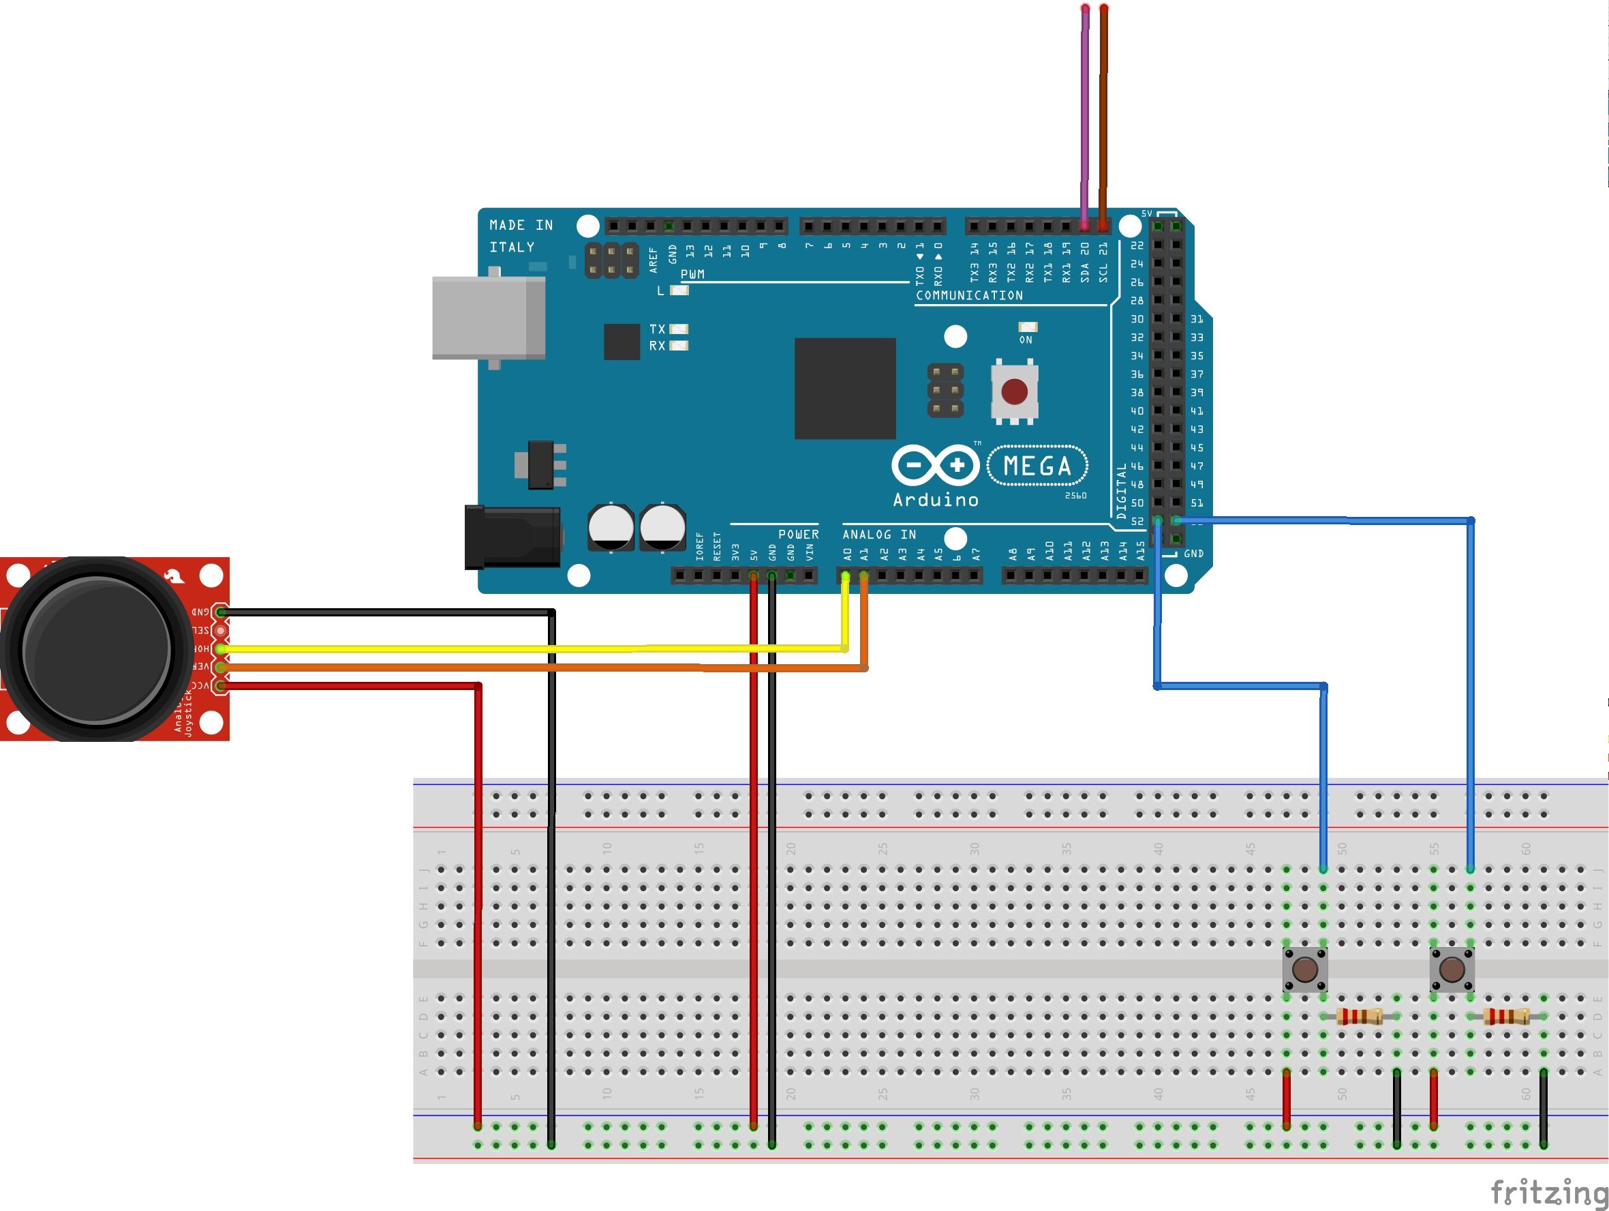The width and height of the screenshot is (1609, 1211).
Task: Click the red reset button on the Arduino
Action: (x=1015, y=392)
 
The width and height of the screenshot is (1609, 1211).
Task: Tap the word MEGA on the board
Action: (x=1037, y=466)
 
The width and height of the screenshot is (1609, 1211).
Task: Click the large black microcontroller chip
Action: (x=844, y=388)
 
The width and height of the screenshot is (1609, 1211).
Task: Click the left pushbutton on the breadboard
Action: (x=1305, y=970)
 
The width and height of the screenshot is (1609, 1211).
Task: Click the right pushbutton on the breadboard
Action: (x=1452, y=970)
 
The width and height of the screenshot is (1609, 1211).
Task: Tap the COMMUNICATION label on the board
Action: (x=969, y=295)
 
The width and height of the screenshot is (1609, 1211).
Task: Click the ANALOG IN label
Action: (x=878, y=535)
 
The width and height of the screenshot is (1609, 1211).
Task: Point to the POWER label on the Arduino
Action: (x=798, y=535)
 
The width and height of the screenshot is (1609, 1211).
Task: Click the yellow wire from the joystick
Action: (x=509, y=648)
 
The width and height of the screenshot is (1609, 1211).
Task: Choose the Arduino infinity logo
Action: (x=936, y=465)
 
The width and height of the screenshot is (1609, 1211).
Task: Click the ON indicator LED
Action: (x=1027, y=327)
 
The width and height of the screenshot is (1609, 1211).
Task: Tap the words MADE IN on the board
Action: (x=521, y=226)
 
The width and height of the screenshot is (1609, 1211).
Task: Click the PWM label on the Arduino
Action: (x=692, y=274)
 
